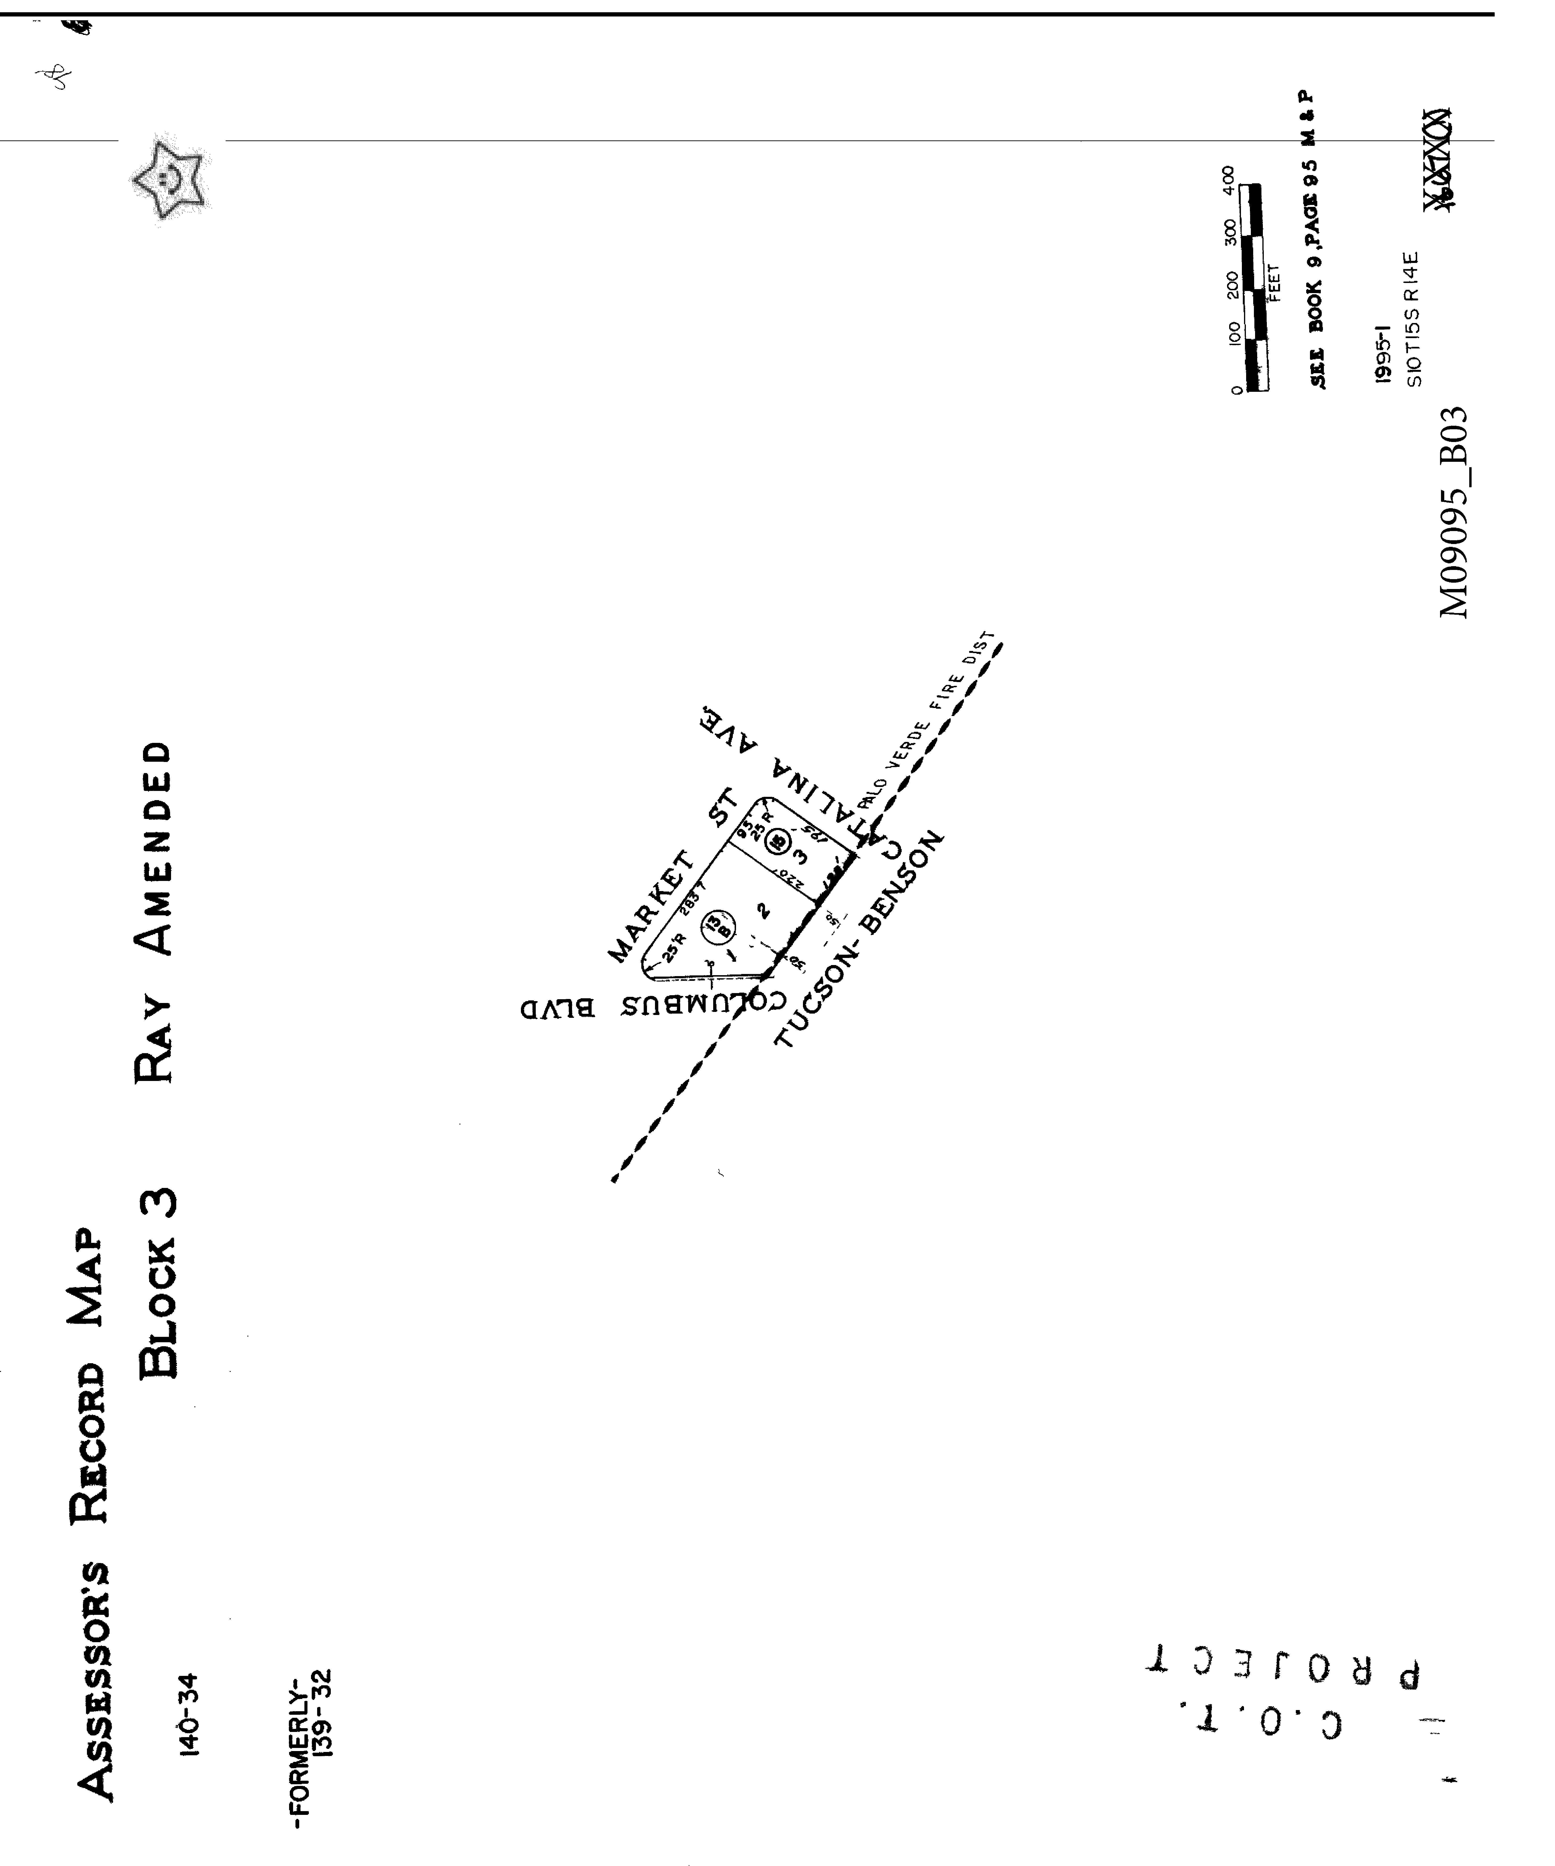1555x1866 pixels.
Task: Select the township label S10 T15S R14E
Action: (x=1413, y=320)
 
